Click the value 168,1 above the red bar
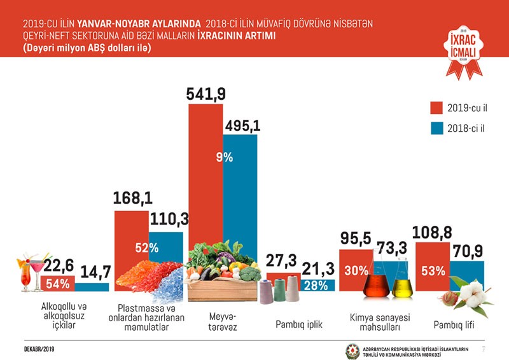point(133,199)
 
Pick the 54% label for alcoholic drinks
point(56,282)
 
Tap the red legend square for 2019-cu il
point(437,106)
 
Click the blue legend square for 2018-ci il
point(437,128)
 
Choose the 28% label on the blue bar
point(316,285)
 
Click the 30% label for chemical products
point(356,270)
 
